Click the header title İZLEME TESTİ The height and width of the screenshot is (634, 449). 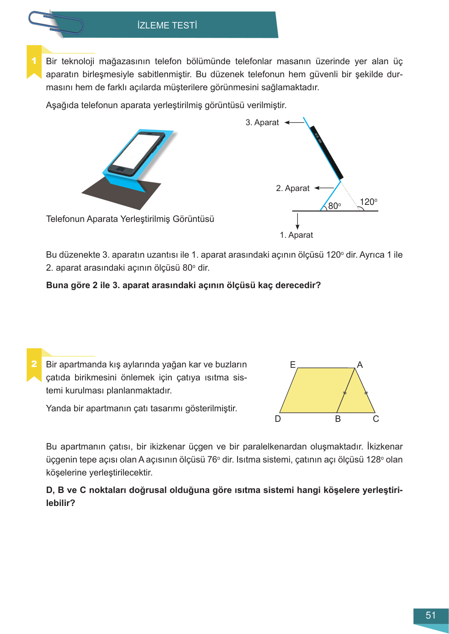click(x=167, y=25)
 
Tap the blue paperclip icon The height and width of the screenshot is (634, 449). click(x=56, y=23)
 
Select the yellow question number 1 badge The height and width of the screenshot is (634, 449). click(x=34, y=61)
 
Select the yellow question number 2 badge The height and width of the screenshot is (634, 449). click(x=34, y=364)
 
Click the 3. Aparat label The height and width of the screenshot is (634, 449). click(x=262, y=122)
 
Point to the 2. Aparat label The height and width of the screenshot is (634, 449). click(x=292, y=188)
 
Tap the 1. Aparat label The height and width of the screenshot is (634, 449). click(x=296, y=235)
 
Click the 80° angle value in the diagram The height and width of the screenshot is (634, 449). click(x=335, y=206)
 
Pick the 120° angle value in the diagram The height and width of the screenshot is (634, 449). click(x=368, y=202)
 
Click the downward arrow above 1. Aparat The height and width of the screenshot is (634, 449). click(x=298, y=221)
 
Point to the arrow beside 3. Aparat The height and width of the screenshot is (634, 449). click(x=294, y=122)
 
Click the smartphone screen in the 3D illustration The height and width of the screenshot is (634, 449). click(x=136, y=152)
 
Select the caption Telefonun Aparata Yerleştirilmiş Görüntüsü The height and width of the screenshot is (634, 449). click(x=130, y=219)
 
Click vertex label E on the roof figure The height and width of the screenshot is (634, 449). click(x=293, y=365)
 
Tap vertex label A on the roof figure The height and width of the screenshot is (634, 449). click(x=360, y=365)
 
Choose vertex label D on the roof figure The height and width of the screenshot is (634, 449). click(x=278, y=419)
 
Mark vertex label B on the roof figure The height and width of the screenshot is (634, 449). click(x=338, y=419)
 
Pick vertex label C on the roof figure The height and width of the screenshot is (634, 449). click(x=376, y=419)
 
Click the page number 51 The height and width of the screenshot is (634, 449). click(x=431, y=615)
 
